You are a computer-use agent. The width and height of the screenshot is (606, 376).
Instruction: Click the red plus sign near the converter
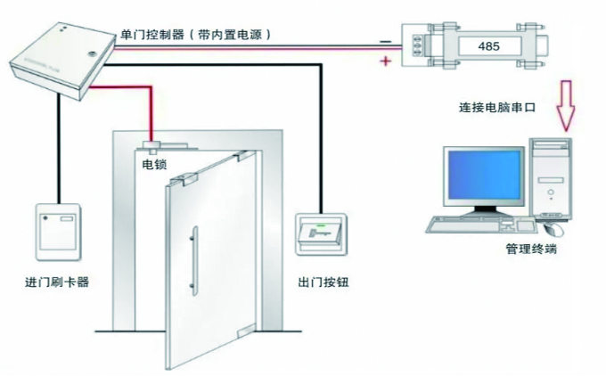[x=386, y=61]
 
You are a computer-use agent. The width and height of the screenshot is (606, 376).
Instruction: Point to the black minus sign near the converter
[x=384, y=40]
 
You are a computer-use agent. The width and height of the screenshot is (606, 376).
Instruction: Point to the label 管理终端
[x=530, y=250]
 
